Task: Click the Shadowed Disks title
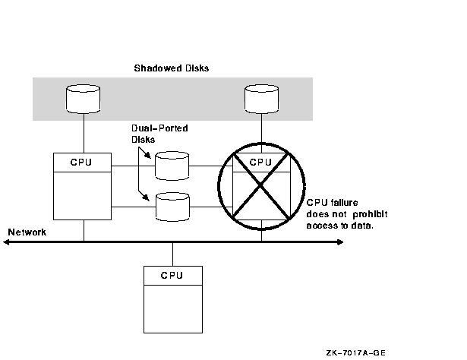[172, 68]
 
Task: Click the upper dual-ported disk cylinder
[172, 165]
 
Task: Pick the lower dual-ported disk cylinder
[172, 207]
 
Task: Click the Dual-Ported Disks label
[158, 133]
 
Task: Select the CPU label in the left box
[83, 162]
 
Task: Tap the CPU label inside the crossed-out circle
[260, 162]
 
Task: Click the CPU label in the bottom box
[172, 275]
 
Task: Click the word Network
[27, 231]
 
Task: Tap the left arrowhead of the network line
[6, 242]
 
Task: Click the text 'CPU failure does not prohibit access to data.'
[341, 213]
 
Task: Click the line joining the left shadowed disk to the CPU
[84, 133]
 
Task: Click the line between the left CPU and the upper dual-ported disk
[132, 165]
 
